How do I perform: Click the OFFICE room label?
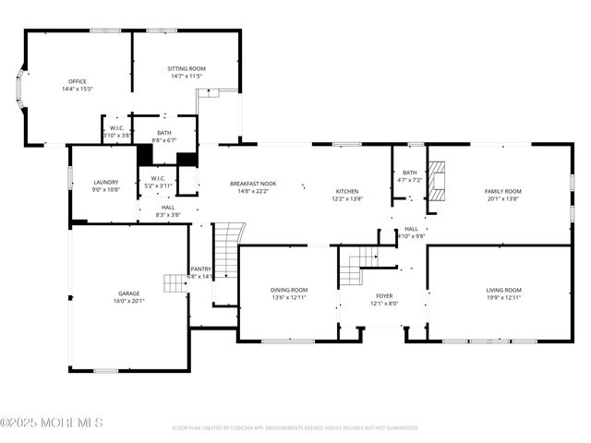coord(77,81)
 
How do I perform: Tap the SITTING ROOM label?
coord(186,68)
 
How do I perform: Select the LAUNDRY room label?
coord(106,182)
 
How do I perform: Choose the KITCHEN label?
coord(347,191)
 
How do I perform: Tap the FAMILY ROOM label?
coord(503,191)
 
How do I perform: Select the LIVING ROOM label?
coord(503,290)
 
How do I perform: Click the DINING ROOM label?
coord(289,290)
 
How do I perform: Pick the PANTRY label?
coord(200,269)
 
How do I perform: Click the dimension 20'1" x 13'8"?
coord(503,198)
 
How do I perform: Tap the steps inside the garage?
coord(175,282)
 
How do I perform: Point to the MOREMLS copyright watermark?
coord(52,423)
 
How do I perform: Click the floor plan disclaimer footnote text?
coord(295,428)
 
